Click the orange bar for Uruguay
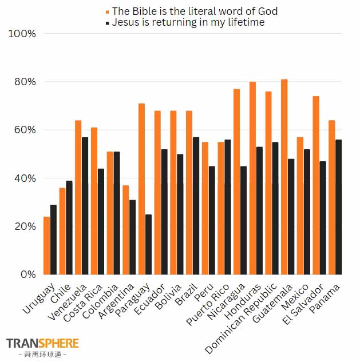pyautogui.click(x=47, y=245)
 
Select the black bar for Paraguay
pyautogui.click(x=149, y=244)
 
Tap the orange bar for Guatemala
pyautogui.click(x=284, y=177)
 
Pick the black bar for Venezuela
pyautogui.click(x=85, y=206)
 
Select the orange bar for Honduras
pyautogui.click(x=252, y=178)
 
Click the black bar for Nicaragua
pyautogui.click(x=244, y=220)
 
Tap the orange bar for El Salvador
pyautogui.click(x=316, y=185)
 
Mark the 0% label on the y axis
pyautogui.click(x=27, y=275)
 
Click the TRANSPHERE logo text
pyautogui.click(x=42, y=343)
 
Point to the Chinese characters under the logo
pyautogui.click(x=42, y=355)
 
